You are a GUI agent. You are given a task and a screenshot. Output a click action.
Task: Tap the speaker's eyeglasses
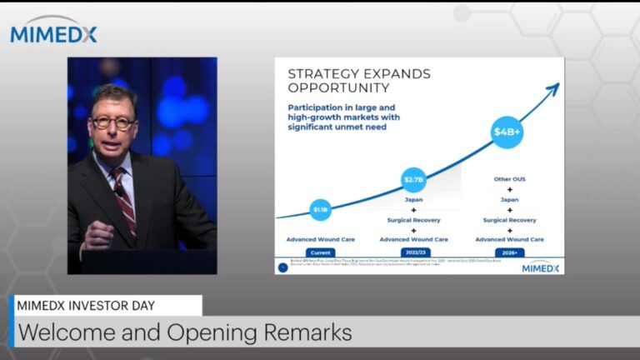tap(113, 122)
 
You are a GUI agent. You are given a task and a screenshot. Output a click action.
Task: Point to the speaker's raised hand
tap(99, 234)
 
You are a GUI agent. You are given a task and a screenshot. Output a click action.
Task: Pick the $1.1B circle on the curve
tap(321, 210)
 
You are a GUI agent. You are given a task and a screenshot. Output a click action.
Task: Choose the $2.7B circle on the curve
tap(414, 179)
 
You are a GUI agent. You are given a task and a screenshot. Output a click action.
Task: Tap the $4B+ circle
tap(507, 132)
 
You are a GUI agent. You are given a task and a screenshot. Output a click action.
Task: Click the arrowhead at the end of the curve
tap(552, 87)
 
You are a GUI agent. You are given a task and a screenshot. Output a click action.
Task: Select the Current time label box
tap(321, 252)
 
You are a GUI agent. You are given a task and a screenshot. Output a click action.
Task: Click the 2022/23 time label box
tap(414, 252)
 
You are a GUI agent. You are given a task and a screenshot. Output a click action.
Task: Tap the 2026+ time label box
tap(509, 252)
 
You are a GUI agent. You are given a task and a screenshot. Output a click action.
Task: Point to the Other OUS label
tap(509, 179)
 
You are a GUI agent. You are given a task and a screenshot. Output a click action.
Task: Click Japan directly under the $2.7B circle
tap(414, 200)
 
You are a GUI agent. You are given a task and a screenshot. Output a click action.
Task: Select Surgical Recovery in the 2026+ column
tap(509, 220)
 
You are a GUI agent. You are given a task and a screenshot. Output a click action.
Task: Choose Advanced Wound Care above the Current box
tap(321, 239)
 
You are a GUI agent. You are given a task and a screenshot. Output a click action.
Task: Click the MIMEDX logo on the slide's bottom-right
tap(540, 267)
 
